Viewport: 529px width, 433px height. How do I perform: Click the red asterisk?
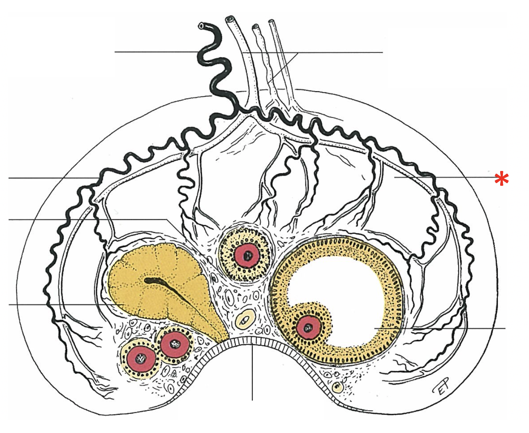coord(501,178)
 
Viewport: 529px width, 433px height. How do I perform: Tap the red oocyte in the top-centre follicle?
coord(246,255)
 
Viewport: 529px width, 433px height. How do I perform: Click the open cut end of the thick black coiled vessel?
coord(201,26)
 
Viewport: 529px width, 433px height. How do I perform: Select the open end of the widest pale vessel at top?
coord(230,20)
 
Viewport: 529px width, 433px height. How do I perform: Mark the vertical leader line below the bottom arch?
coord(252,372)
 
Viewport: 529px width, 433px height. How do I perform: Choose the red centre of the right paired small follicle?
coord(175,344)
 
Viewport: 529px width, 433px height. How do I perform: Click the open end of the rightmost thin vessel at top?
coord(271,22)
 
